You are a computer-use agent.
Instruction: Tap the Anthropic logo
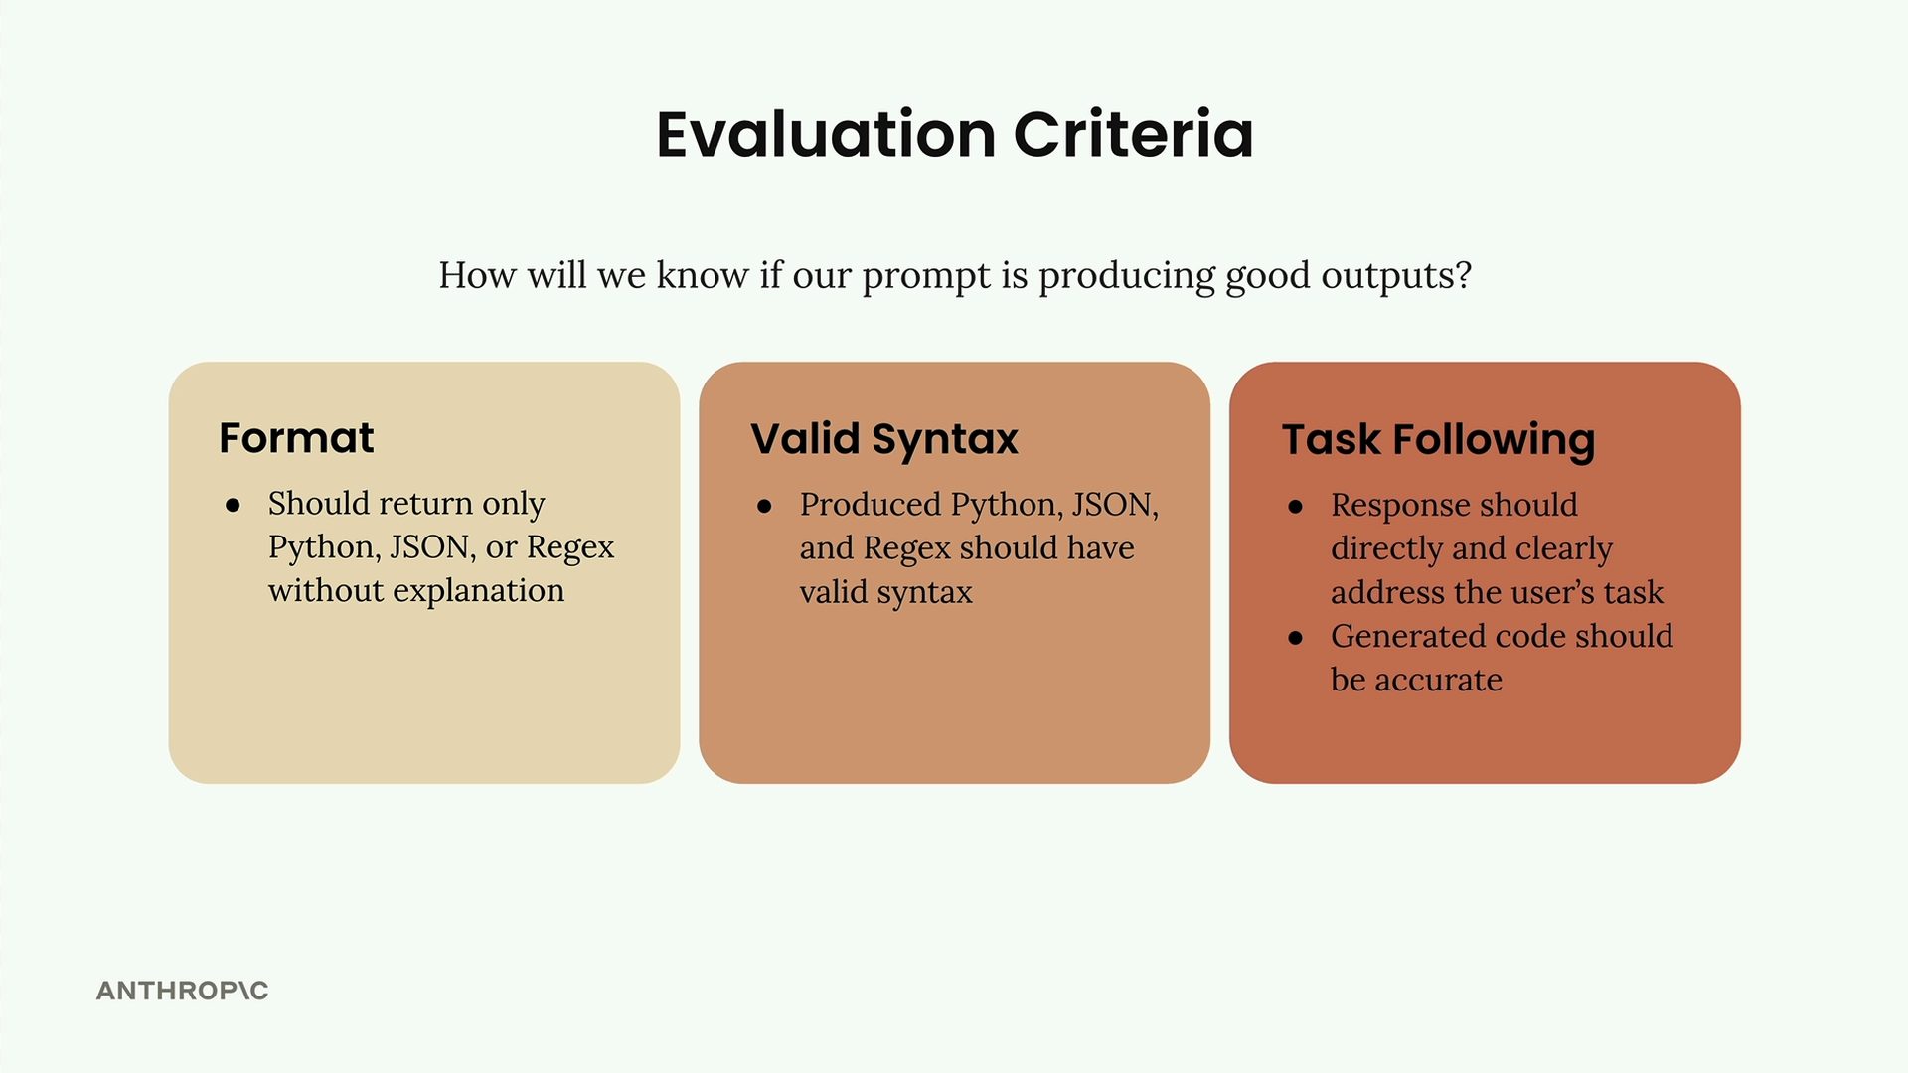pos(183,991)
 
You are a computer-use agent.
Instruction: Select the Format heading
pos(296,438)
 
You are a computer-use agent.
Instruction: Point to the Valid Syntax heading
pos(884,439)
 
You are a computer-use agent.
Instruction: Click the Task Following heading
pos(1438,440)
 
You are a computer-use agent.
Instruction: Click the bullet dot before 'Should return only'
pos(233,506)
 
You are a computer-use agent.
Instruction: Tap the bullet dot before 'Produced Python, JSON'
pos(764,507)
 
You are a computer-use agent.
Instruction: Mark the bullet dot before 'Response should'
pos(1295,507)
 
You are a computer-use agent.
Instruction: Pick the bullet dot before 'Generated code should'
pos(1295,638)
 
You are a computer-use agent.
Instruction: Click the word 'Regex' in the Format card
pos(570,548)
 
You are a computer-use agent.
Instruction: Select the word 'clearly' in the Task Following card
pos(1563,549)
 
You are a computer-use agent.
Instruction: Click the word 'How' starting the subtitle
pos(478,275)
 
